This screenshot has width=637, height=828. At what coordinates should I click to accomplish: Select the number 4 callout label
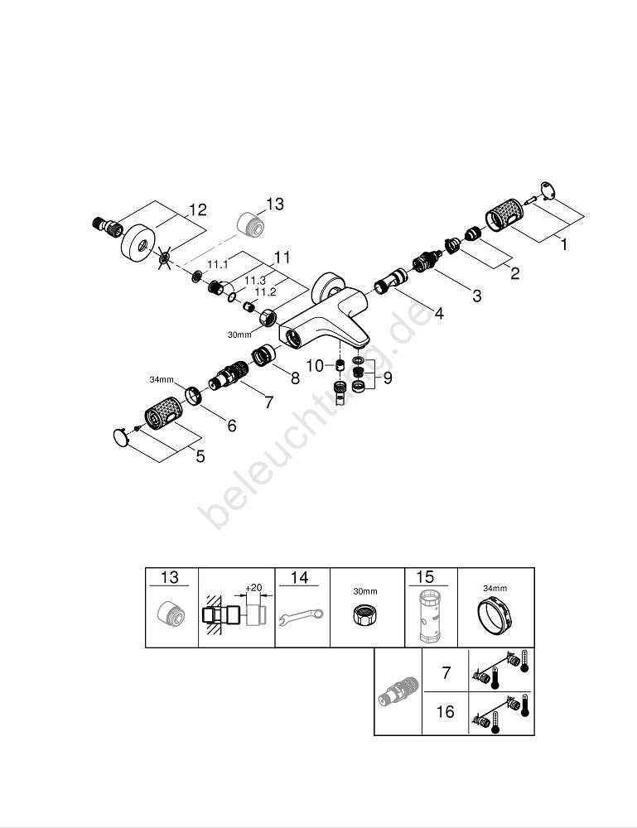pos(438,313)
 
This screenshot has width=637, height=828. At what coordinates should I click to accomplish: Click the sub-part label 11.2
pos(265,292)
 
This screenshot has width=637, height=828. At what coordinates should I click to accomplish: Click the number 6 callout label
pos(232,426)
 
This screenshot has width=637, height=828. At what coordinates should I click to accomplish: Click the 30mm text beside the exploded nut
pos(239,335)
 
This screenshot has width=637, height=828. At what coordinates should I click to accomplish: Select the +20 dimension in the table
pos(253,587)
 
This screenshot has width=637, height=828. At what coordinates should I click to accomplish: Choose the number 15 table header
pos(426,577)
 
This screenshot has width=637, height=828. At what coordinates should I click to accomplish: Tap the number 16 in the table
pos(445,711)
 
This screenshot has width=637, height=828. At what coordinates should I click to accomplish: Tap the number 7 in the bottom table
pos(446,672)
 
